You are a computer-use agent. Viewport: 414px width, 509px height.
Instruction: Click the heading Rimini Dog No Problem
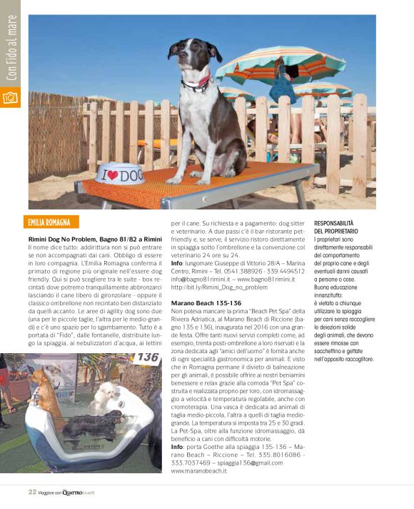(95, 237)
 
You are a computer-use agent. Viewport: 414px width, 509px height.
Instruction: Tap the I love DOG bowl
(121, 173)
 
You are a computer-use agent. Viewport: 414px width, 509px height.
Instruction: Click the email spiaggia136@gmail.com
(249, 463)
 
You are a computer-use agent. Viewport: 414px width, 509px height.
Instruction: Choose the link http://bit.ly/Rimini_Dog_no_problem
(219, 287)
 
